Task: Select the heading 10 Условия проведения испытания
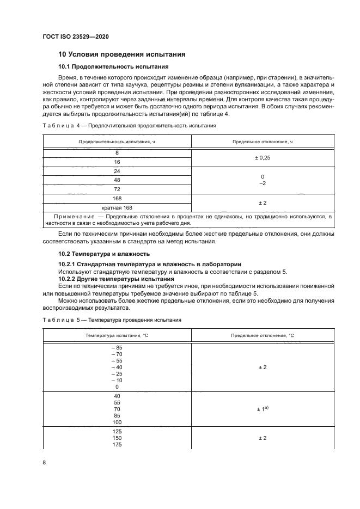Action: click(122, 54)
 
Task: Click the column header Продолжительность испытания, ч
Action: click(117, 142)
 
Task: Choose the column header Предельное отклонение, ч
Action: click(263, 142)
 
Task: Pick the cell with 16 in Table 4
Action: click(117, 162)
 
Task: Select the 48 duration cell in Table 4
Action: click(117, 180)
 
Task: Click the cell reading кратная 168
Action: click(117, 207)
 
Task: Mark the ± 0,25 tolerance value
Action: click(263, 158)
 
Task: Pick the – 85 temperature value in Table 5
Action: click(117, 348)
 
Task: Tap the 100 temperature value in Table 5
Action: click(117, 422)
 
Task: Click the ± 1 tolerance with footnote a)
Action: click(263, 408)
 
